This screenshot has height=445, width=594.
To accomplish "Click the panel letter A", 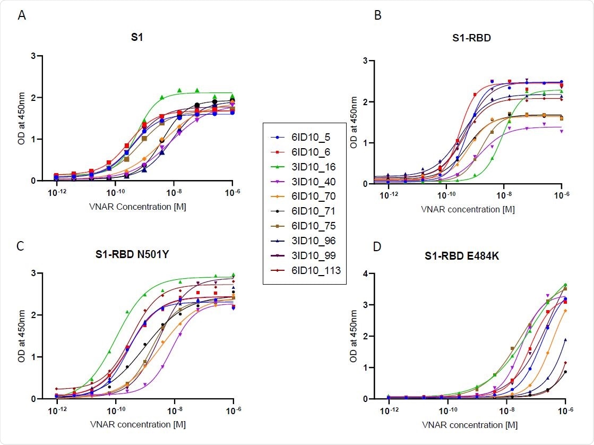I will click(22, 15).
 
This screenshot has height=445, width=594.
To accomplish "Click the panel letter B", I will click(378, 15).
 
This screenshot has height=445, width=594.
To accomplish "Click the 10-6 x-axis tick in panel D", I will click(565, 411).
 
